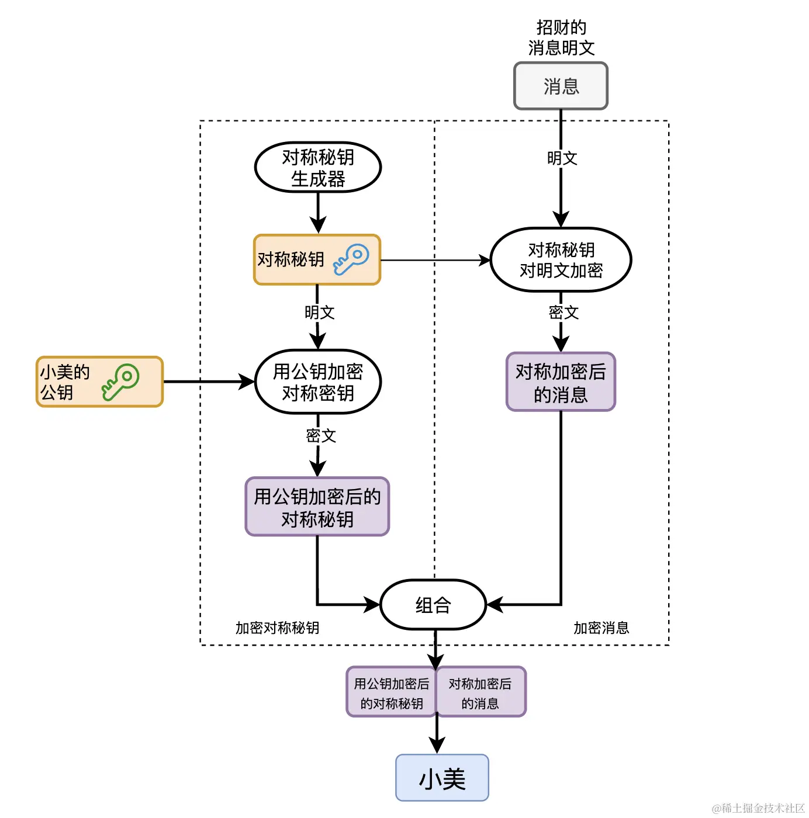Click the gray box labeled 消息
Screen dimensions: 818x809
[x=561, y=86]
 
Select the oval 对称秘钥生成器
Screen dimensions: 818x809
[x=318, y=168]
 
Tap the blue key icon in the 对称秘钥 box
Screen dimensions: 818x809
[x=351, y=259]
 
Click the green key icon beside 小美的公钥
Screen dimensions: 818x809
[x=121, y=382]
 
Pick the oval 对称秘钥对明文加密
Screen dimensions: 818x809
[x=561, y=260]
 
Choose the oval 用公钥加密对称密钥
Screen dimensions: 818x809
[x=318, y=382]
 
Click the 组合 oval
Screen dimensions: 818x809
[x=433, y=605]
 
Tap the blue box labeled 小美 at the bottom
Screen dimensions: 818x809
[x=442, y=778]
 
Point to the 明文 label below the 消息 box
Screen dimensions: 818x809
[x=562, y=158]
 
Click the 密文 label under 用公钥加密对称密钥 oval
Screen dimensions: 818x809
[x=321, y=435]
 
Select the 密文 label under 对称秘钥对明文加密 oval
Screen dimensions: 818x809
[x=563, y=313]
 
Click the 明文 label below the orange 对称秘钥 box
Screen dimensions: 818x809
[x=319, y=313]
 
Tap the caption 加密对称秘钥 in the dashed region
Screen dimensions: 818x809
[x=277, y=628]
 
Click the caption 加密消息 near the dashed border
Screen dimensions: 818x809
[x=601, y=628]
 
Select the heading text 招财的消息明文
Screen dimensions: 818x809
[x=561, y=38]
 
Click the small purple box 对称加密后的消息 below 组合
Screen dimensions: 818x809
[x=480, y=692]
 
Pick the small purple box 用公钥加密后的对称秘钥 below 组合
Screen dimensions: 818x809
[x=391, y=692]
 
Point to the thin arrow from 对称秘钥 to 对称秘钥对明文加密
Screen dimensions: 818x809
[x=435, y=260]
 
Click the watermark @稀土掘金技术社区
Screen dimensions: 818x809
[x=758, y=808]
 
